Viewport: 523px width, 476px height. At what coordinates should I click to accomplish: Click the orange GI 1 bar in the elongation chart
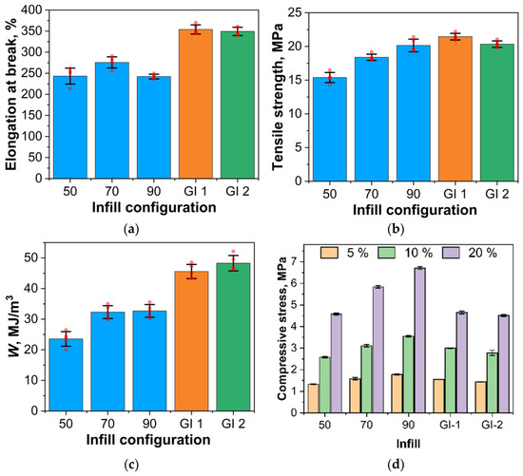coord(196,104)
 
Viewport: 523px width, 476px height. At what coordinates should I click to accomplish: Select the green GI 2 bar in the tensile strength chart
coord(497,113)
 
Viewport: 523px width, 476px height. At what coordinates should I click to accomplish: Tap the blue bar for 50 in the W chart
coord(66,374)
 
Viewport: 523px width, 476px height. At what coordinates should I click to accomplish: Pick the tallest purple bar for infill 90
coord(419,340)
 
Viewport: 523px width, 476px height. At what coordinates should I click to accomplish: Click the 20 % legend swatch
coord(451,253)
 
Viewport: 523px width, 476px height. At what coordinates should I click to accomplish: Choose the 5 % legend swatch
coord(329,253)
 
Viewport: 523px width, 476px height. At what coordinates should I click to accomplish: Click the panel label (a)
coord(130,229)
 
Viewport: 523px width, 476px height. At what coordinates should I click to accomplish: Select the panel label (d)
coord(396,464)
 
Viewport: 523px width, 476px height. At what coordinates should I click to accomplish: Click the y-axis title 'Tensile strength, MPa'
coord(277,97)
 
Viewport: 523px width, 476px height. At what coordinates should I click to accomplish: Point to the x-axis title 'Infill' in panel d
coord(408,444)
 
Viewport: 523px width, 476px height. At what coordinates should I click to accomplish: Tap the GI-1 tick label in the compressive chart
coord(450,426)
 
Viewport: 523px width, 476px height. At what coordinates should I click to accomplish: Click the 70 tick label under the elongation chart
coord(112,191)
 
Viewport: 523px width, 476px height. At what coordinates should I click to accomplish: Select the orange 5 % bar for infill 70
coord(356,395)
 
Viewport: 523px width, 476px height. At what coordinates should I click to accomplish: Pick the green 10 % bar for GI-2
coord(492,383)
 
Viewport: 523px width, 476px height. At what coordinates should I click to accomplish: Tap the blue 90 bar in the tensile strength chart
coord(414,113)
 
